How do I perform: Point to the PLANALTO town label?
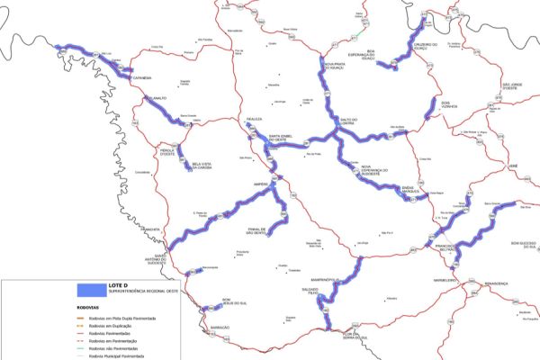155,97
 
